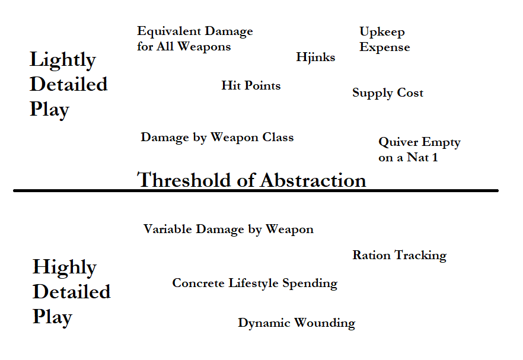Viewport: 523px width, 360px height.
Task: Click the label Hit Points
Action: click(x=251, y=85)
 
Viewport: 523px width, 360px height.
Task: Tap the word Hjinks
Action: click(x=315, y=57)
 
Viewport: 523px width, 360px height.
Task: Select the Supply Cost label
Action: click(x=388, y=93)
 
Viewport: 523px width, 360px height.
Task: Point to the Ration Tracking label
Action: click(x=399, y=255)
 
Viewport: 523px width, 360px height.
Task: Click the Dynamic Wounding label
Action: click(x=296, y=323)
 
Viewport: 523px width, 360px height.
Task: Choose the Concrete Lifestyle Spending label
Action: click(x=254, y=283)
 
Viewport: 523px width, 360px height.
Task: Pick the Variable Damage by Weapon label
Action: click(x=228, y=229)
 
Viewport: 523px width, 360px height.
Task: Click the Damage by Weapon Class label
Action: click(x=217, y=137)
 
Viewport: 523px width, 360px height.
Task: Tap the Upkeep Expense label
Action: click(x=384, y=39)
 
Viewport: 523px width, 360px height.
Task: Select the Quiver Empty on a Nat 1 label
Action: click(x=419, y=149)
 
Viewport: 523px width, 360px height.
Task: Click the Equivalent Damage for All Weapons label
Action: click(x=194, y=39)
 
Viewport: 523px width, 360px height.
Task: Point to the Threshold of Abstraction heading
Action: click(x=251, y=179)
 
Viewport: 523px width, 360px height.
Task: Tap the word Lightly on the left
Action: click(x=62, y=60)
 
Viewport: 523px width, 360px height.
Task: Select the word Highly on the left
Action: click(x=64, y=267)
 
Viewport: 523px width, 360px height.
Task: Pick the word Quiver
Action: click(x=397, y=142)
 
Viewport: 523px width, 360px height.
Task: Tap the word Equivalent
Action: click(x=165, y=31)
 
